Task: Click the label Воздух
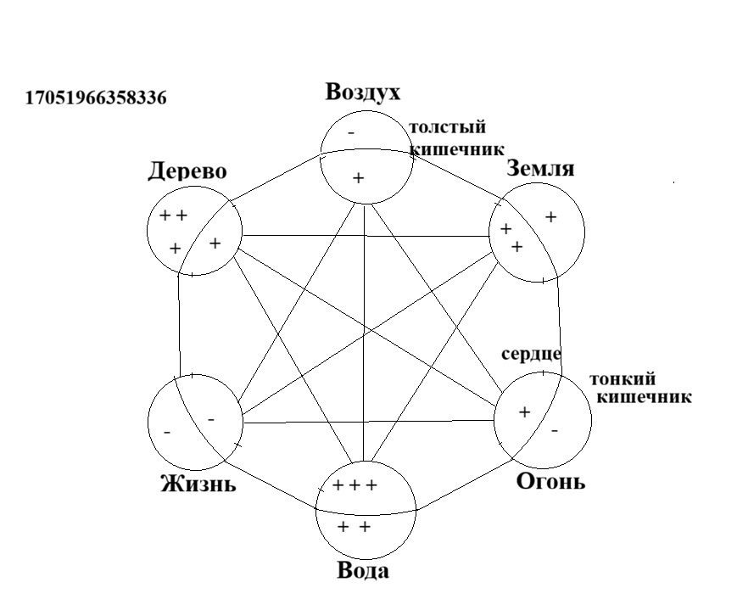coord(362,93)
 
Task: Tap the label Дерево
coord(187,171)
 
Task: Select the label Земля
coord(540,169)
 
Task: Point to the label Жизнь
coord(198,484)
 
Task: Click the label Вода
coord(363,571)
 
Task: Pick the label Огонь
coord(551,481)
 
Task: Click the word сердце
coord(531,354)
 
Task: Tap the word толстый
coord(447,128)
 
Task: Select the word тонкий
coord(623,379)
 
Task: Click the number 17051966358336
coord(96,98)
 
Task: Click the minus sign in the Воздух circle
coord(351,133)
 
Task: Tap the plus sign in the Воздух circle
coord(358,178)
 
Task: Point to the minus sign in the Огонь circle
coord(555,430)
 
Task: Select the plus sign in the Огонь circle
coord(524,412)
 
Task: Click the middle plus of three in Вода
coord(355,485)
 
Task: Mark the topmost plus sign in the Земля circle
coord(551,216)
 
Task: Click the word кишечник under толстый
coord(457,149)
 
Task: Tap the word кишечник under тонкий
coord(644,397)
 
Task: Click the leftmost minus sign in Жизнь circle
coord(167,432)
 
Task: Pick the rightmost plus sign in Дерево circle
coord(215,244)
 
